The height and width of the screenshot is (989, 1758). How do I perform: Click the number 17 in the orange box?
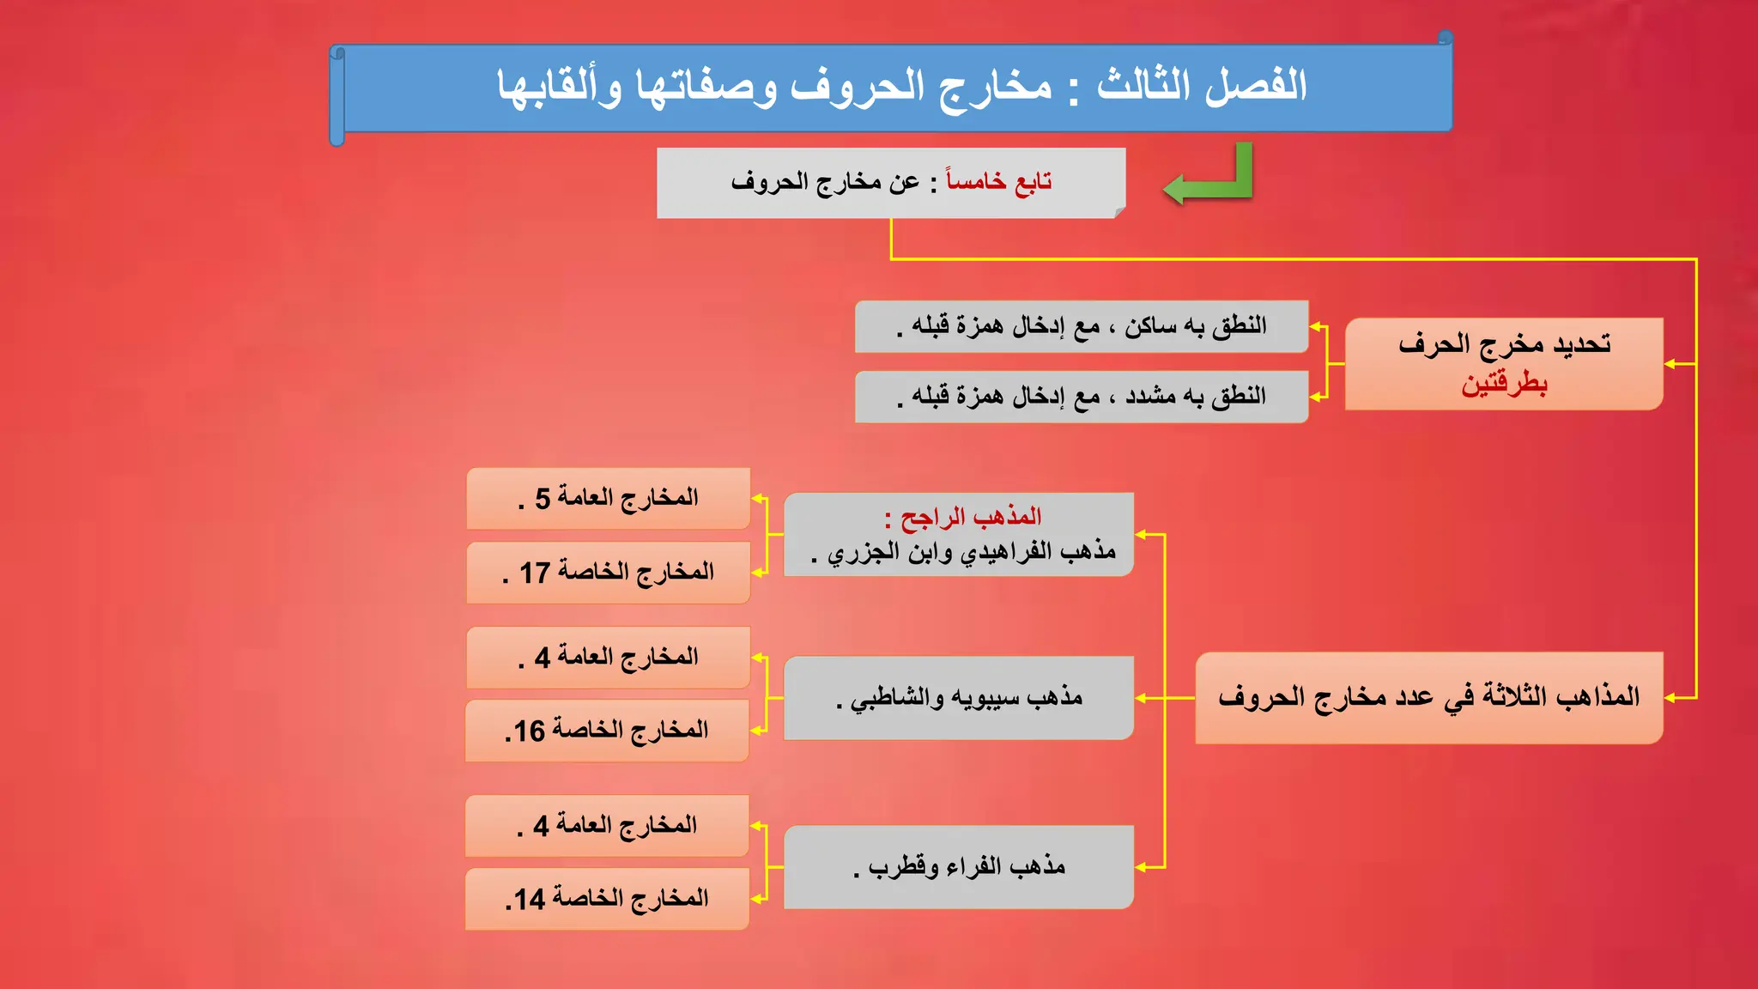tap(534, 573)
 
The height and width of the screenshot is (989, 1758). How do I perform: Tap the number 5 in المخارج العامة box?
tap(543, 499)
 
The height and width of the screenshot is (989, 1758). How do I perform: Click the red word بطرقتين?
tap(1504, 384)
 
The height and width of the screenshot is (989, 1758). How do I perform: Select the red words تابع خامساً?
tap(998, 182)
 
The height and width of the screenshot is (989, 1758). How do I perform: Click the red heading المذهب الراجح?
tap(970, 517)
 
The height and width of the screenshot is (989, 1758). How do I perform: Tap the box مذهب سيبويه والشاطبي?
tap(959, 698)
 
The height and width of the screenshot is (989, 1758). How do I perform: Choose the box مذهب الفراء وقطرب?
tap(959, 867)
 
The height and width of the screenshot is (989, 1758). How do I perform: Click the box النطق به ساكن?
tap(1082, 326)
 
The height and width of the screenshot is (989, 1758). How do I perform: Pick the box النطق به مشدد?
tap(1082, 397)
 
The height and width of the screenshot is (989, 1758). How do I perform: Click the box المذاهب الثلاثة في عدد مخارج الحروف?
tap(1428, 697)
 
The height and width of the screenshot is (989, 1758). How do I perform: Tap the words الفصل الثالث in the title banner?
tap(1202, 86)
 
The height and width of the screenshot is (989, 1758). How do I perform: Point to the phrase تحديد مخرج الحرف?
tap(1504, 345)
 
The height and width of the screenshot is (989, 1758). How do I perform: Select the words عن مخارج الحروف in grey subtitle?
tap(826, 182)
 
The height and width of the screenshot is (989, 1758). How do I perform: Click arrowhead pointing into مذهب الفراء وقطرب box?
tap(1141, 867)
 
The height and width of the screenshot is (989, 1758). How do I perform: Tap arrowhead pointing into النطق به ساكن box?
tap(1316, 326)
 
